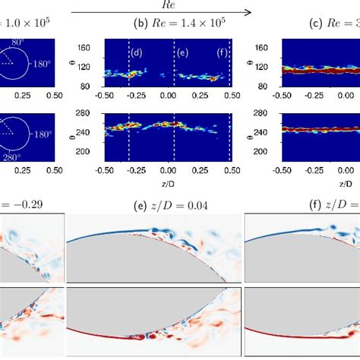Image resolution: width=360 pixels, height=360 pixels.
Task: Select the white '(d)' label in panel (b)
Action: point(136,52)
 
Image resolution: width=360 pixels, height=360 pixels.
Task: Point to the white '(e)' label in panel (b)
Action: point(182,52)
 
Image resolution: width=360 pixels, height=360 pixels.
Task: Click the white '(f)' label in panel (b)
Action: point(222,52)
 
